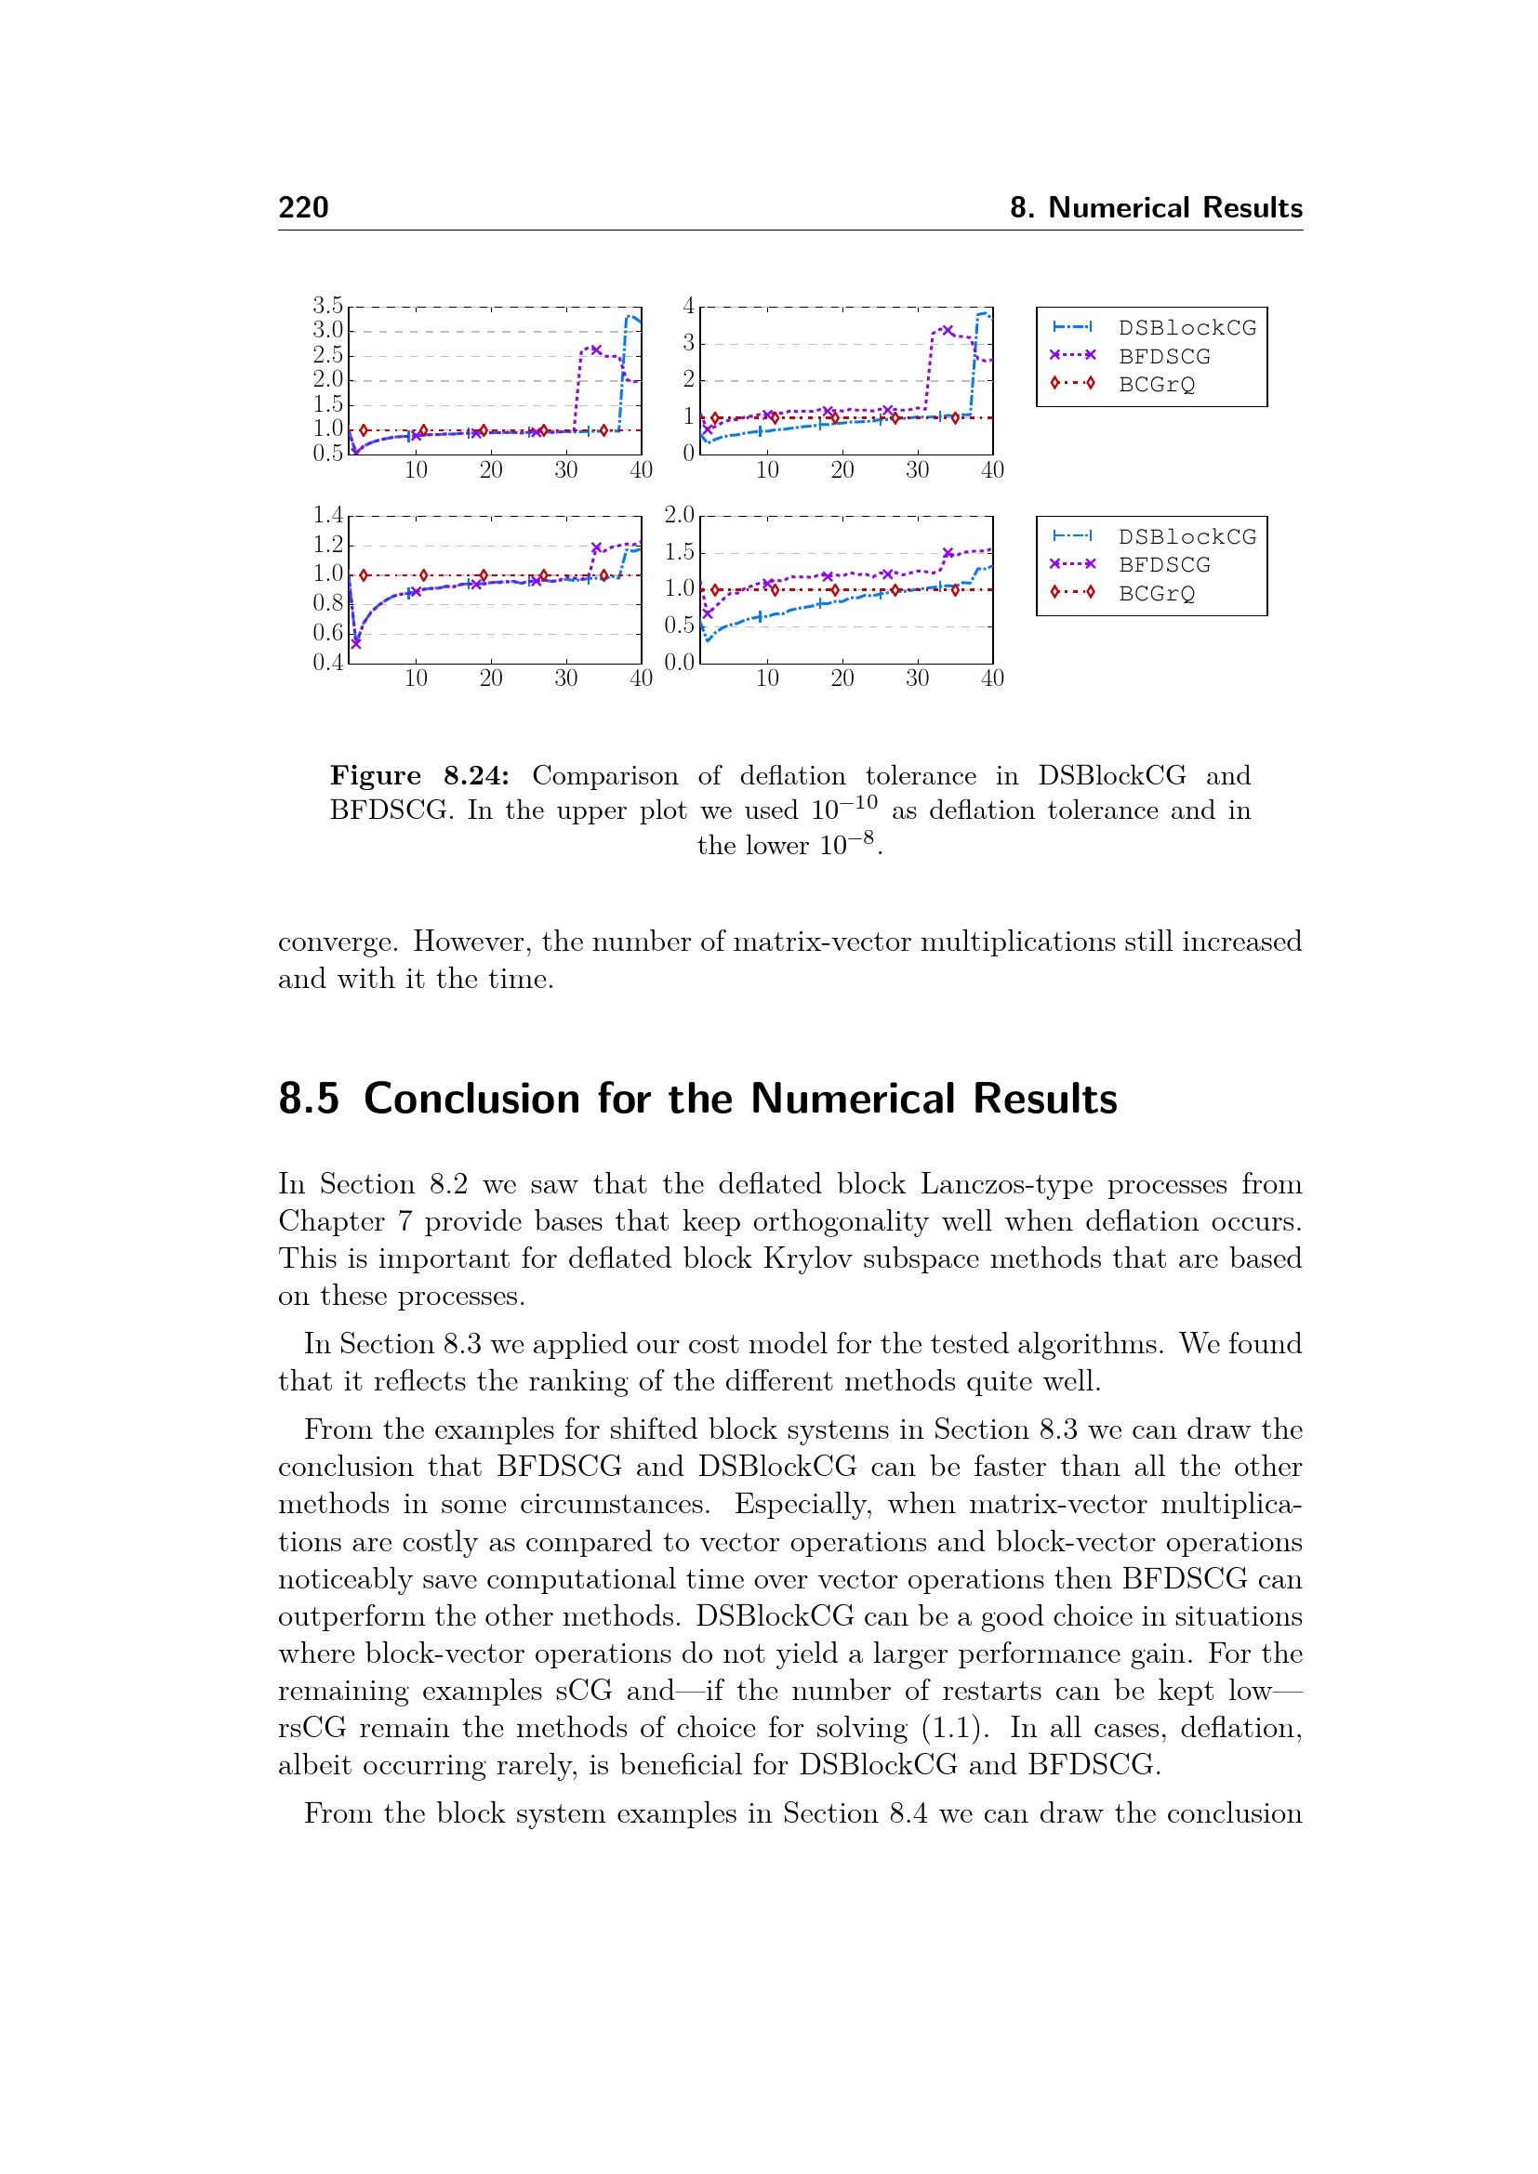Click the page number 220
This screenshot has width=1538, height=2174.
(303, 207)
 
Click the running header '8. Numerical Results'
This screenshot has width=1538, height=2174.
(1156, 207)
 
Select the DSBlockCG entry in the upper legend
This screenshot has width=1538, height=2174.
(1187, 327)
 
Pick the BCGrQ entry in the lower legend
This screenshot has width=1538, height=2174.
(1157, 594)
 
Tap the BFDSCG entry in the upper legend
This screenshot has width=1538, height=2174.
(1164, 357)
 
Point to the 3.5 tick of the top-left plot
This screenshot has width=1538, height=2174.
(327, 306)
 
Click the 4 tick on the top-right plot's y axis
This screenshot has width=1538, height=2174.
(688, 306)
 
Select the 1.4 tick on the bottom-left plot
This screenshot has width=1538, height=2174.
(327, 515)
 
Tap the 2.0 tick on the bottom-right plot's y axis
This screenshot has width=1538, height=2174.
(679, 515)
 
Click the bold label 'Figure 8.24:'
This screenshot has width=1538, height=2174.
(418, 775)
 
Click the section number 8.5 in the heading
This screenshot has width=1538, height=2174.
(308, 1100)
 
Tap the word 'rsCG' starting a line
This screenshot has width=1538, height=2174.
(312, 1729)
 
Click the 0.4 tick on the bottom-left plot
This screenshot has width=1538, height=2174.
(327, 662)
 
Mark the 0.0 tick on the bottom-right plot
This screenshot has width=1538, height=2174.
(679, 662)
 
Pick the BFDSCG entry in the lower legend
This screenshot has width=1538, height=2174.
(1164, 565)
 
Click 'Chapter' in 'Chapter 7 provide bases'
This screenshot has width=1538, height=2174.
(331, 1221)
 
